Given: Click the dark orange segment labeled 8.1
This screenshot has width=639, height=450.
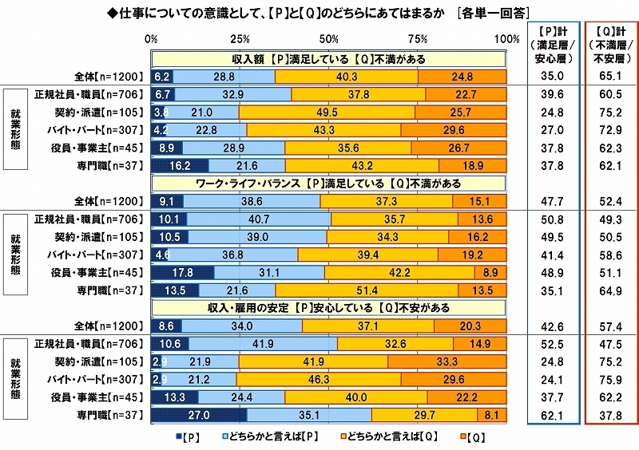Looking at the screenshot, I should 491,415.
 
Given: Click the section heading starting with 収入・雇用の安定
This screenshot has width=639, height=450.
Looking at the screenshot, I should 327,308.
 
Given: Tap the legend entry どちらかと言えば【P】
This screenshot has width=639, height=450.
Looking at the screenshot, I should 271,438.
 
